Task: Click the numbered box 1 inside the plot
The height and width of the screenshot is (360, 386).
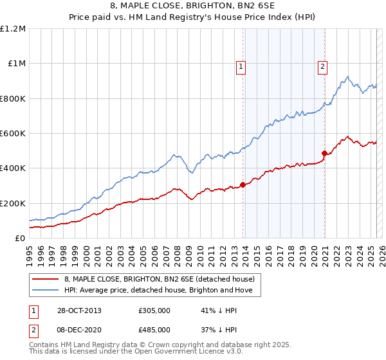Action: (241, 66)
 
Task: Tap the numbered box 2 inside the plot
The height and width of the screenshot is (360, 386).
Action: (322, 66)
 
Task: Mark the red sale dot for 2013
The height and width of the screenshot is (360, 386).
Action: (243, 185)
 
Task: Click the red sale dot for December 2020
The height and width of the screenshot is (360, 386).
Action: (324, 154)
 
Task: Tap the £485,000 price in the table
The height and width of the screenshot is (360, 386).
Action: (154, 329)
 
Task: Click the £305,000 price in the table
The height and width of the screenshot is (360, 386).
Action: (154, 310)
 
